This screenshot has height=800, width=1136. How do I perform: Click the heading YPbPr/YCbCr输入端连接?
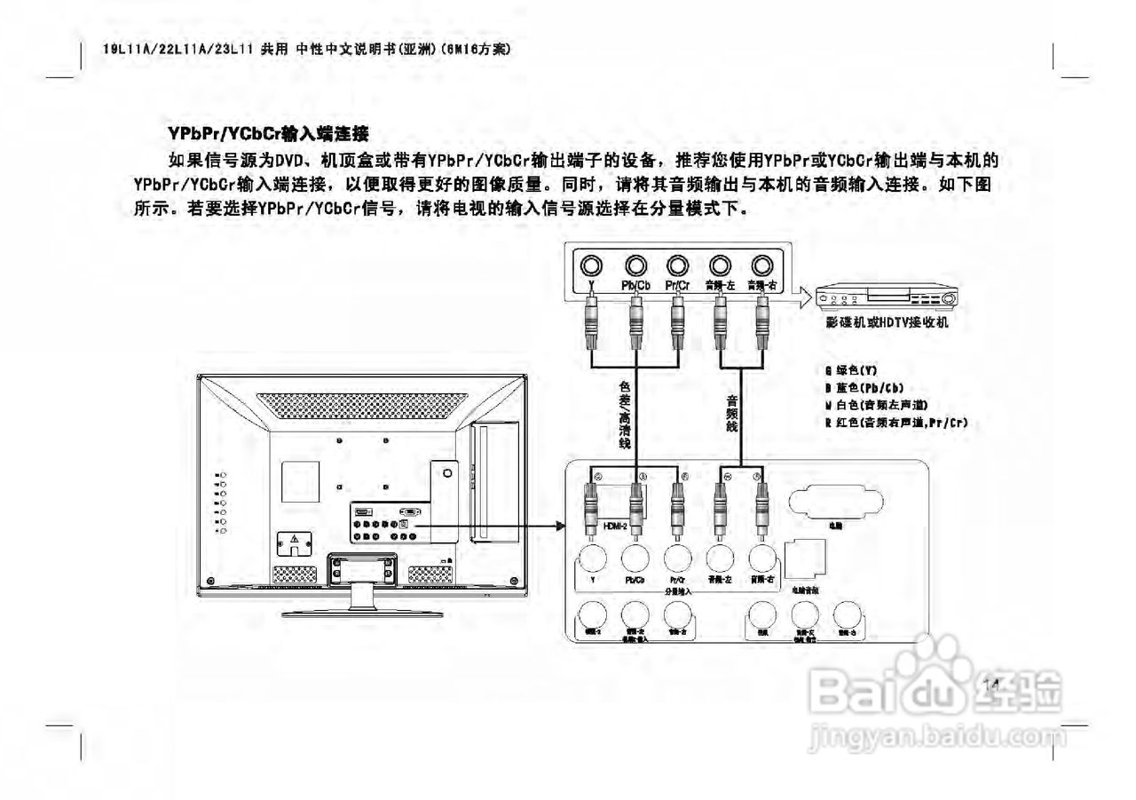[x=267, y=134]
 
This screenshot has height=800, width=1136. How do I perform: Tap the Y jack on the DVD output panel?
[x=592, y=265]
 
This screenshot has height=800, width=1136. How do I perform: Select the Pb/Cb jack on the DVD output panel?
[x=635, y=265]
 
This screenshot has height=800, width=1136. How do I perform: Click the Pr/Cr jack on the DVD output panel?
[x=678, y=265]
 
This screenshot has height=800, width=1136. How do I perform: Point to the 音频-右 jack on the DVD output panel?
[x=761, y=265]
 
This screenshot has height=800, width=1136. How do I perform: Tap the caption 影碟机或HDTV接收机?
[x=886, y=322]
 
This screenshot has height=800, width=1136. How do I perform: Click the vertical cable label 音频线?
[x=732, y=413]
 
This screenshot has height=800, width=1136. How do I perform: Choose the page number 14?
[x=992, y=684]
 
